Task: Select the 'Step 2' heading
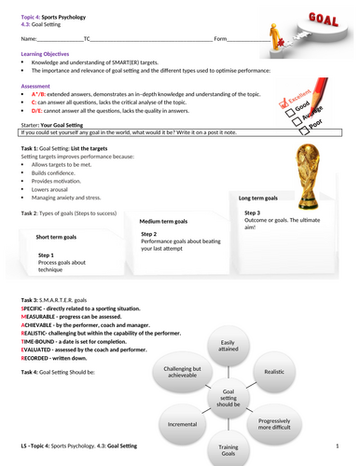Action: pyautogui.click(x=148, y=233)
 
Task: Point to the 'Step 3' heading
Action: pyautogui.click(x=252, y=213)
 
